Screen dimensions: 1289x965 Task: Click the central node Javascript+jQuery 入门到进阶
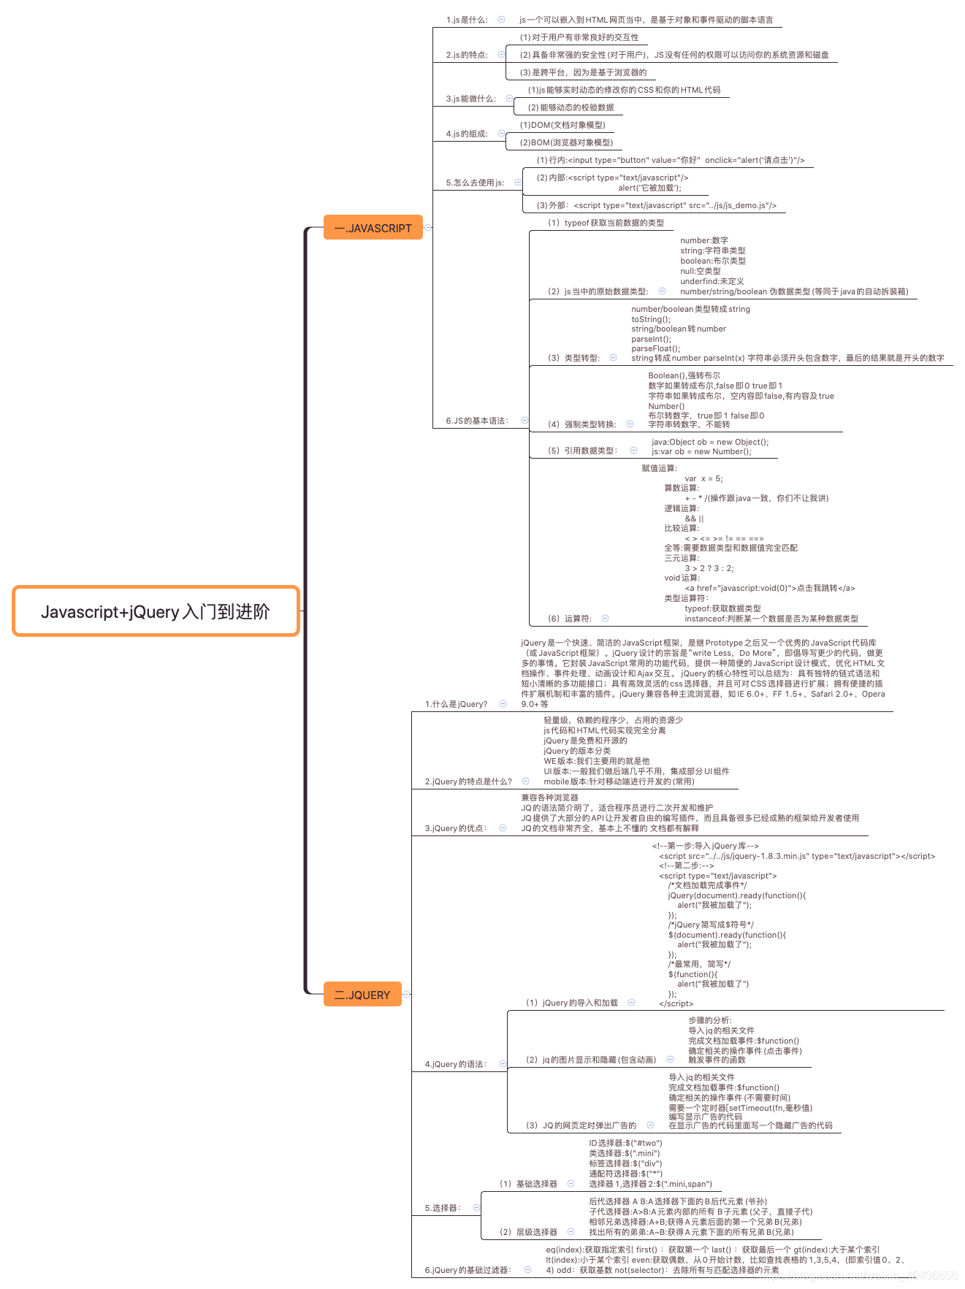(x=156, y=611)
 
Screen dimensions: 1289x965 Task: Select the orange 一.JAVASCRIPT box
(x=373, y=228)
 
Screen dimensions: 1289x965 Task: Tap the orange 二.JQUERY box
(x=362, y=995)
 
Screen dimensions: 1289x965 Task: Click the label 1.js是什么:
(x=467, y=20)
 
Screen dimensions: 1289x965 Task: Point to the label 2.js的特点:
(x=467, y=55)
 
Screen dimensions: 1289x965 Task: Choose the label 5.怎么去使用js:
(x=475, y=183)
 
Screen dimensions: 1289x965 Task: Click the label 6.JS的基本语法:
(x=477, y=421)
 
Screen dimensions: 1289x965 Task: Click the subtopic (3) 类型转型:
(x=573, y=358)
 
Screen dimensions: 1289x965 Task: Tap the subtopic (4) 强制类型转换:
(x=581, y=424)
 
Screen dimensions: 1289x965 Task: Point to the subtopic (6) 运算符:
(x=570, y=619)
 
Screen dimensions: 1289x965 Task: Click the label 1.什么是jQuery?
(x=456, y=704)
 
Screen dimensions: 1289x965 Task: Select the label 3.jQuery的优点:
(x=456, y=828)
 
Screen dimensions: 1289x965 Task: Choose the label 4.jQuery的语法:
(x=456, y=1064)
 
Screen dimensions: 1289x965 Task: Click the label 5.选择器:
(x=443, y=1208)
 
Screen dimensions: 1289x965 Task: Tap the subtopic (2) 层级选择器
(x=528, y=1232)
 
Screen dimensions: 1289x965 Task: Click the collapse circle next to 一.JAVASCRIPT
(x=428, y=227)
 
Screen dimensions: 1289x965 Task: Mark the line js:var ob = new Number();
(x=701, y=451)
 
